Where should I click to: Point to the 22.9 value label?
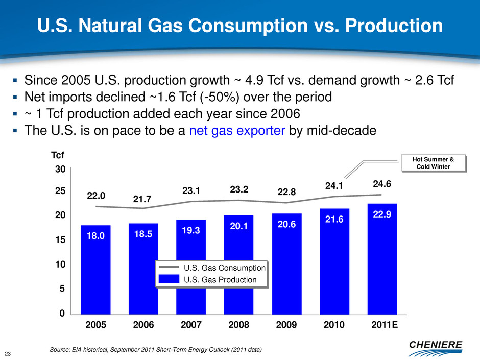point(382,216)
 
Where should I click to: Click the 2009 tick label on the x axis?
point(286,325)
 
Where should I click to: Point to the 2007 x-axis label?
point(190,325)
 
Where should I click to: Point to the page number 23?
point(8,351)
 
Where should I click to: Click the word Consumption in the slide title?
point(243,26)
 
